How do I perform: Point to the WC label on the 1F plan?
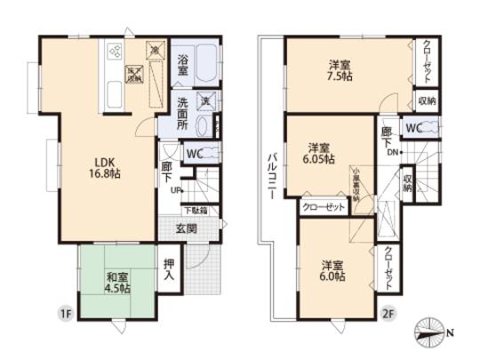click(x=196, y=152)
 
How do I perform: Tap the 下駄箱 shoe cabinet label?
click(x=195, y=211)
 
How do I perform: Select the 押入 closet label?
click(x=170, y=268)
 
